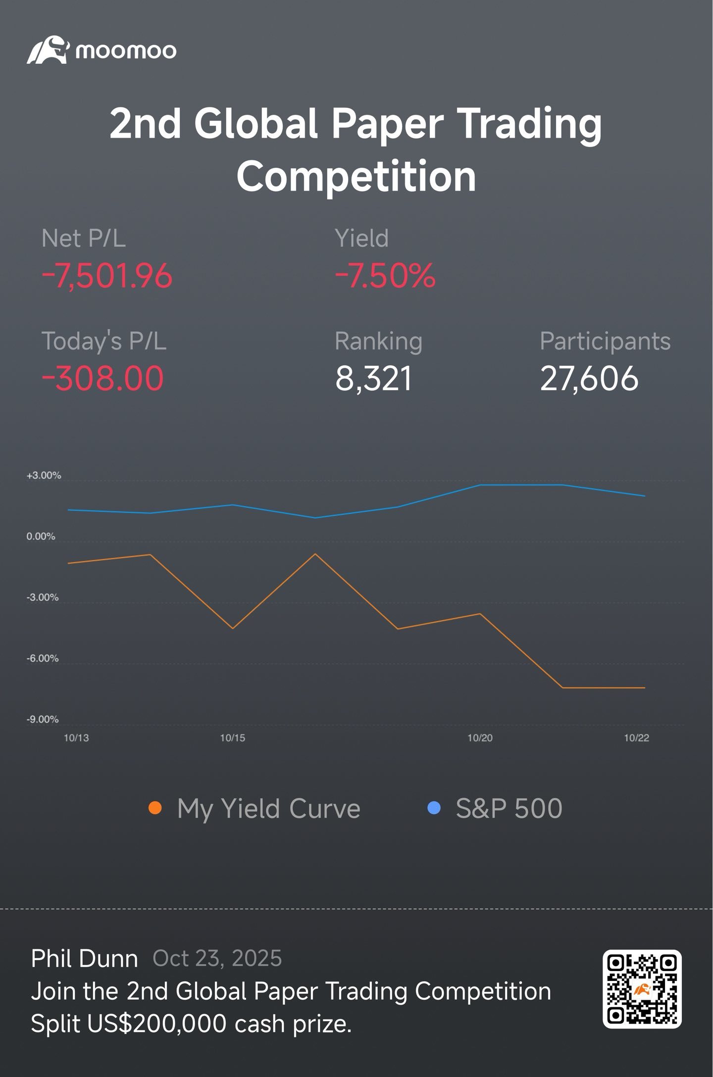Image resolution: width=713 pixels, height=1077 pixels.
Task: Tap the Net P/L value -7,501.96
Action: click(107, 276)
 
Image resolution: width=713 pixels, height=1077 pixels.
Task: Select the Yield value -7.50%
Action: click(385, 276)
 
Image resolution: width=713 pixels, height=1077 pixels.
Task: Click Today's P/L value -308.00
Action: click(102, 379)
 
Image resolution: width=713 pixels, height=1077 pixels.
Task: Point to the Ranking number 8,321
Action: click(373, 379)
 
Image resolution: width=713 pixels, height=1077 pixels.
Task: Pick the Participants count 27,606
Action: click(589, 379)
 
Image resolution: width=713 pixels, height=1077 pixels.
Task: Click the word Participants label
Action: click(605, 342)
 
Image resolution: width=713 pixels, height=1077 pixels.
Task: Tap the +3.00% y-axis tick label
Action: click(44, 476)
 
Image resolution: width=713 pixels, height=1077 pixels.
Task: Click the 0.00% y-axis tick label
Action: click(41, 537)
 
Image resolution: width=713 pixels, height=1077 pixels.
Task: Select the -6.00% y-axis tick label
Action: click(43, 658)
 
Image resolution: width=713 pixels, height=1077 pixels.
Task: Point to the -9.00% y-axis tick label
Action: click(43, 719)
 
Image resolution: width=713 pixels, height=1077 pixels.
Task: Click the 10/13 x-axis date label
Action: click(76, 738)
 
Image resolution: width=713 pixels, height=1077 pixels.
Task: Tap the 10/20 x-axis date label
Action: click(480, 738)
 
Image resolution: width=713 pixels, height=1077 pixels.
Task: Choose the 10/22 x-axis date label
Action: click(636, 738)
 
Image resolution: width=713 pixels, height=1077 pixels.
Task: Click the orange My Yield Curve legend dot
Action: click(155, 808)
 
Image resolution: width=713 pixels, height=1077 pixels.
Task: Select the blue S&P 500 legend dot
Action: click(434, 808)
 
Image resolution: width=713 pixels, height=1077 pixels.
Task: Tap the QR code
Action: click(642, 989)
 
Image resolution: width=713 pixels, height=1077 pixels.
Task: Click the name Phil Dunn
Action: click(85, 959)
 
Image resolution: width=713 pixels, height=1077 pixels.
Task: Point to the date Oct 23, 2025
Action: click(217, 959)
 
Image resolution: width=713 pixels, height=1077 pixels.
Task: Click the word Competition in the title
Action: click(356, 177)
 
